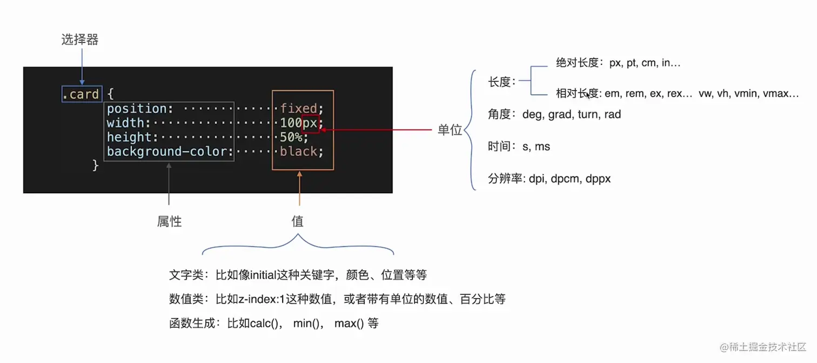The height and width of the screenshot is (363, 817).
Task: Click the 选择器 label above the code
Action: [80, 39]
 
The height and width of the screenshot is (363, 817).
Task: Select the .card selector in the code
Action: [81, 95]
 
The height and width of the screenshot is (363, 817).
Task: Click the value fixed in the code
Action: [298, 109]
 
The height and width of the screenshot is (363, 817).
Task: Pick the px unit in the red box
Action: [310, 123]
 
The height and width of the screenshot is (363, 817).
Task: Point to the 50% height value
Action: [291, 137]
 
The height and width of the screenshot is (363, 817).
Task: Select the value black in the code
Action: [298, 151]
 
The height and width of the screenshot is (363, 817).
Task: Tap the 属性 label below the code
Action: [169, 221]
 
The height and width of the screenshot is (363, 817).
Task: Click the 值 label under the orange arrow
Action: [297, 221]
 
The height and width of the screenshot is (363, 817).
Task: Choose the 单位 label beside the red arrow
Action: [450, 130]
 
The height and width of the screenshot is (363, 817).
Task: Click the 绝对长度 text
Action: [577, 63]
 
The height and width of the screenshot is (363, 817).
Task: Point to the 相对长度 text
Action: [577, 94]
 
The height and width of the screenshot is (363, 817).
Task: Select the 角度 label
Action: [499, 115]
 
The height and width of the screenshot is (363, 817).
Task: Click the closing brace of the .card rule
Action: [96, 165]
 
